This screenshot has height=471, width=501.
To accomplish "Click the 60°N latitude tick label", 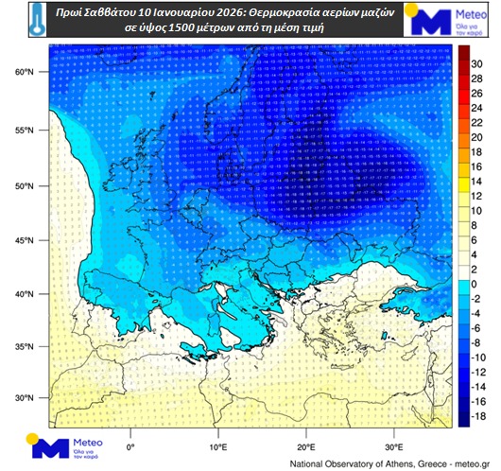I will tap(27, 72).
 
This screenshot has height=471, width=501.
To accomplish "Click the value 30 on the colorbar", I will tap(476, 63).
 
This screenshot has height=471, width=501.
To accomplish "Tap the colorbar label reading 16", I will tap(476, 166).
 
